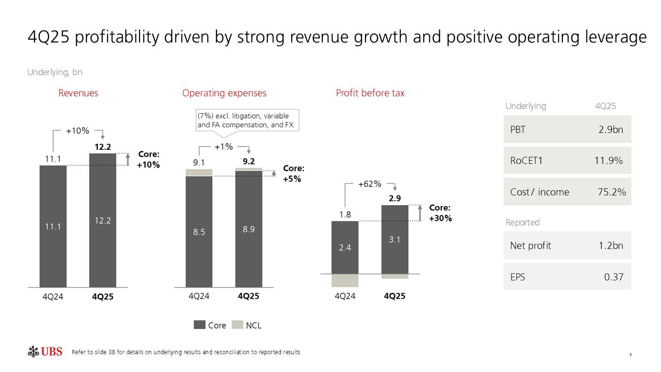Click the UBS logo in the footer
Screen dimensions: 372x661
(45, 351)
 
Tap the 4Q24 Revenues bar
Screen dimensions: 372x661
(53, 226)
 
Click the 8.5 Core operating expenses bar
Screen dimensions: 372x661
(199, 231)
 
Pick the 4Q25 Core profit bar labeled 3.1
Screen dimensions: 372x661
(395, 239)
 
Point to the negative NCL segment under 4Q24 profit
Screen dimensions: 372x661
(345, 280)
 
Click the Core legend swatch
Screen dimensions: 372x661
(200, 325)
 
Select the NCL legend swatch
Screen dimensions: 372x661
(238, 325)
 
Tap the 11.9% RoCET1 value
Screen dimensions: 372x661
(608, 161)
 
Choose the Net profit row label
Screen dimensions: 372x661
(530, 245)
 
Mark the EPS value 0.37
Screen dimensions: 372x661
(614, 277)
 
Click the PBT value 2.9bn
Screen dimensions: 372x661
(610, 130)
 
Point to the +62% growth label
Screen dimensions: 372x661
(370, 184)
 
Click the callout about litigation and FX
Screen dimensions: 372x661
(247, 120)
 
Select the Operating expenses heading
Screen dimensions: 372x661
(224, 93)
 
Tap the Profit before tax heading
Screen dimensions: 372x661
(370, 93)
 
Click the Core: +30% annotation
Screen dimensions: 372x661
(440, 213)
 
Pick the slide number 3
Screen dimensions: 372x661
(630, 355)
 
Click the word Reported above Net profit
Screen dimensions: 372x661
(522, 222)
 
